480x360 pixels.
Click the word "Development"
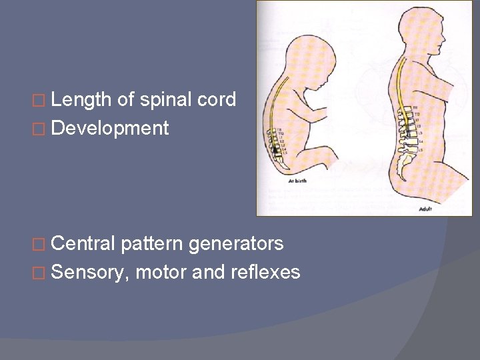[110, 127]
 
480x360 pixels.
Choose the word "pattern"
[152, 244]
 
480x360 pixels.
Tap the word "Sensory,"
[90, 272]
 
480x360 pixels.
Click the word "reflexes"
[267, 272]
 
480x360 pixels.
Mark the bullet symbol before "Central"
[41, 245]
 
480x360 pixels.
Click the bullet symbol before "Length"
[41, 101]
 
